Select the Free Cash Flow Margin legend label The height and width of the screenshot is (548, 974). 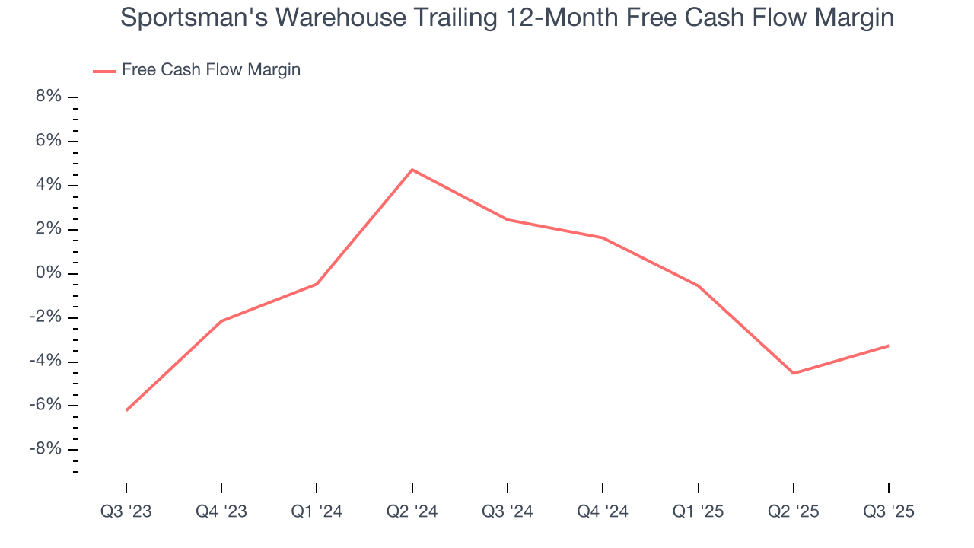click(x=211, y=70)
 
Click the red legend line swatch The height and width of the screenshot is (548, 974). click(x=103, y=71)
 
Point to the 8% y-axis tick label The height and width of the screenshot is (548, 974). click(x=48, y=97)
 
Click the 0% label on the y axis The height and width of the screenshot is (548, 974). click(x=48, y=273)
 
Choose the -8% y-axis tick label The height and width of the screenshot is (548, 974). click(x=45, y=449)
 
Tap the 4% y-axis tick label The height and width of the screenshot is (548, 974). click(x=48, y=185)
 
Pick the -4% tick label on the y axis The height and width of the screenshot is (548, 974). click(x=45, y=361)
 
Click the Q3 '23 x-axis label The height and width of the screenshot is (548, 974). click(x=126, y=511)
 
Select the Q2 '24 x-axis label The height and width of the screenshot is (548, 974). click(x=412, y=511)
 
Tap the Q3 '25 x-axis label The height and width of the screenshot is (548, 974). click(x=888, y=511)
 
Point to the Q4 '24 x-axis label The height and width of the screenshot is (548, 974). click(x=603, y=511)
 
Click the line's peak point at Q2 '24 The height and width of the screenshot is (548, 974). click(x=412, y=169)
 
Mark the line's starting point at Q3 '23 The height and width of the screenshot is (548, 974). click(x=126, y=410)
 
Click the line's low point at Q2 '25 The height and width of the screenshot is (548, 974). click(x=793, y=373)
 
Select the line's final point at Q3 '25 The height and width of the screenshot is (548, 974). click(x=888, y=346)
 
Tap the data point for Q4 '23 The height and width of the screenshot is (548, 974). click(x=221, y=321)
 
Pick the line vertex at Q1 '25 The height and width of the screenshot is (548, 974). click(x=698, y=285)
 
